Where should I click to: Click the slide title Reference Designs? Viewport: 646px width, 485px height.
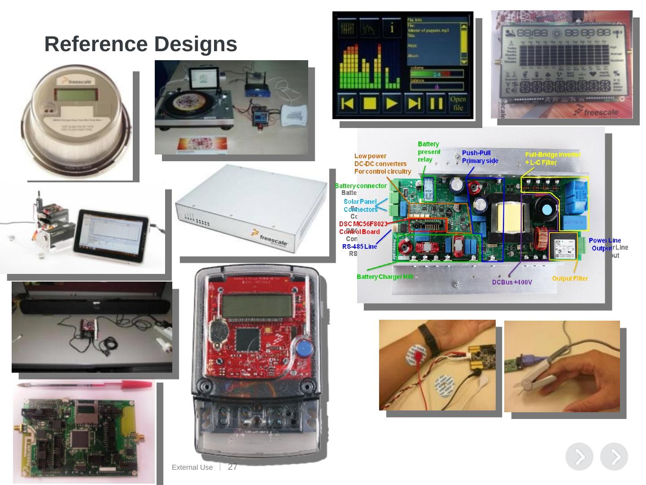(140, 44)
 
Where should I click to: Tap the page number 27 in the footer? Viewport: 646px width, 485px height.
(232, 467)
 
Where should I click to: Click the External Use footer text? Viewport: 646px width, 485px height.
(192, 467)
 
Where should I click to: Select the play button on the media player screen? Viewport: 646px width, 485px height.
(392, 103)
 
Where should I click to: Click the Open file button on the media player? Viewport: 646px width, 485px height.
(458, 103)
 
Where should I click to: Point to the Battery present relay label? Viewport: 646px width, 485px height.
(429, 152)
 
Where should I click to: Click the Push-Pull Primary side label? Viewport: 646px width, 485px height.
(480, 157)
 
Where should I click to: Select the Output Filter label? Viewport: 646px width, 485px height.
(570, 278)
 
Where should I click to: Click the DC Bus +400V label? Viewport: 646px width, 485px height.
(512, 282)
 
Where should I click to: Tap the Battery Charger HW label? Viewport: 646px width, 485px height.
(384, 277)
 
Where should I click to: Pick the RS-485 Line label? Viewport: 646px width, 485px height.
(359, 246)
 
